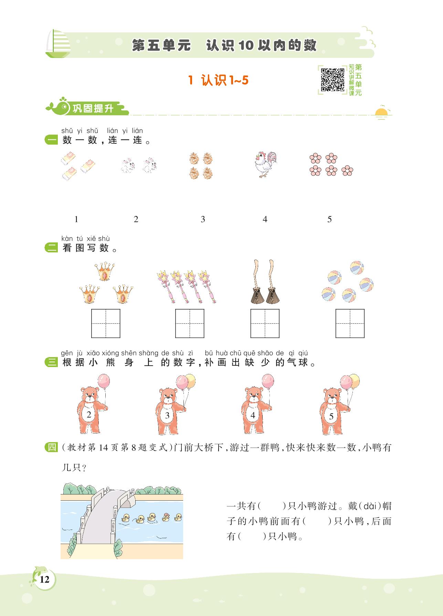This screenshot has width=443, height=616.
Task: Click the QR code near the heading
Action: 333,80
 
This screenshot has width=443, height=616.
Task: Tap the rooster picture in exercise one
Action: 265,165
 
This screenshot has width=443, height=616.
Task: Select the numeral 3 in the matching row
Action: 203,219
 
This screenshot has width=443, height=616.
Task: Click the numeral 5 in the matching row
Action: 329,219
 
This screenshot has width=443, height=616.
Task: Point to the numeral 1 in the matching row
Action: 76,219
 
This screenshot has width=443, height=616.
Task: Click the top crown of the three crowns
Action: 104,271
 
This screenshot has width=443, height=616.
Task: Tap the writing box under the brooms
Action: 265,323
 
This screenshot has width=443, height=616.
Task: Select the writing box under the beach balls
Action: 350,323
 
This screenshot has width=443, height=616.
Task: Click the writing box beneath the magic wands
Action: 190,323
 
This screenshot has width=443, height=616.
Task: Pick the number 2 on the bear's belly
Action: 89,415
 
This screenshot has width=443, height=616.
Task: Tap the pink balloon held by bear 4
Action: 267,382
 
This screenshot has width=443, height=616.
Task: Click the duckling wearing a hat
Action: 167,517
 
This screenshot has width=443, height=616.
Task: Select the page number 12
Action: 44,580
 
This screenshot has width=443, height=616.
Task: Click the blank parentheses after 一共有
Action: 272,506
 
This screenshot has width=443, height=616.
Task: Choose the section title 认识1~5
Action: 218,81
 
